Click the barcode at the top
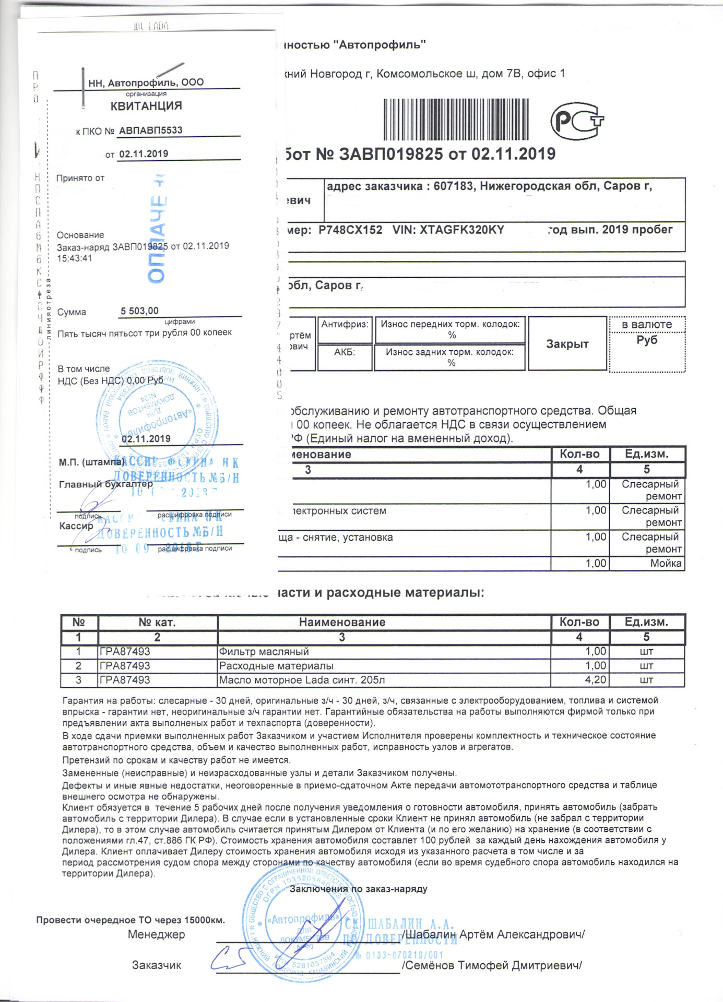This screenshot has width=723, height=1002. pyautogui.click(x=456, y=120)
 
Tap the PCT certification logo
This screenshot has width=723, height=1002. pyautogui.click(x=576, y=121)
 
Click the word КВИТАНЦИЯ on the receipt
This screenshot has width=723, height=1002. pyautogui.click(x=146, y=106)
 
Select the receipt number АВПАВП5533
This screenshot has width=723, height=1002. pyautogui.click(x=150, y=130)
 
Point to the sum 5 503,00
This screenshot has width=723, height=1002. pyautogui.click(x=139, y=311)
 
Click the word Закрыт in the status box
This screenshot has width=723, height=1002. pyautogui.click(x=567, y=344)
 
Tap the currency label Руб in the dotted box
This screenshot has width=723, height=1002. pyautogui.click(x=646, y=340)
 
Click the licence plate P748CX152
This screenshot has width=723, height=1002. pyautogui.click(x=350, y=230)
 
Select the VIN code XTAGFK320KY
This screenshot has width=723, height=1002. pyautogui.click(x=448, y=230)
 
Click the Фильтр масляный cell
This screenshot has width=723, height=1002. pyautogui.click(x=264, y=651)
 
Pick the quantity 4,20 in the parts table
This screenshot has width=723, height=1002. pyautogui.click(x=595, y=680)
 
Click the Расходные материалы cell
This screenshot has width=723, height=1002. pyautogui.click(x=276, y=666)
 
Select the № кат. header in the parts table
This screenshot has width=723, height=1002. pyautogui.click(x=157, y=622)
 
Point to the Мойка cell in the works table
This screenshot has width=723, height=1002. pyautogui.click(x=666, y=564)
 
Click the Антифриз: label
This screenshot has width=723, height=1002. pyautogui.click(x=345, y=324)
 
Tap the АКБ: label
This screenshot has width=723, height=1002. pyautogui.click(x=345, y=352)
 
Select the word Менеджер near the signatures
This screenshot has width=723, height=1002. pyautogui.click(x=156, y=934)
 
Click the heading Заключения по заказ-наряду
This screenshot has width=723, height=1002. pyautogui.click(x=359, y=889)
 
